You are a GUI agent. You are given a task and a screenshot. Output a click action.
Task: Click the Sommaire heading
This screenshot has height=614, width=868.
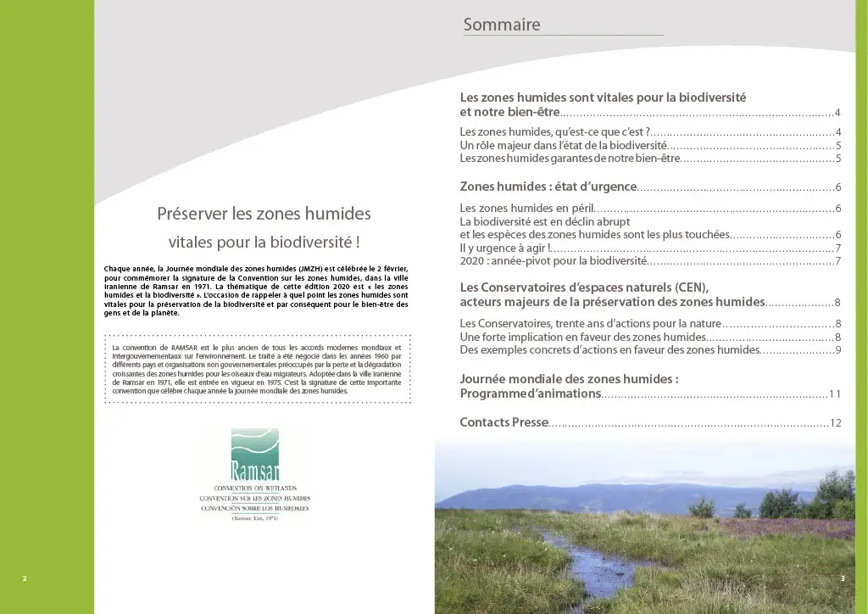[502, 25]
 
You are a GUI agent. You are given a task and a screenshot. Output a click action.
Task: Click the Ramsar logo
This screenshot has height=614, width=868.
[254, 475]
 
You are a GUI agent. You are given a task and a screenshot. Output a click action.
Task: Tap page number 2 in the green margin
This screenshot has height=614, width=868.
[25, 578]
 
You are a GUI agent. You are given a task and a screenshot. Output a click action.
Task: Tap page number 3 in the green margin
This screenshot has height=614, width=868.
[843, 578]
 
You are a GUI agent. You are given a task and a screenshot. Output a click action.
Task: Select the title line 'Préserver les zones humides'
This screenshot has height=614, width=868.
[264, 214]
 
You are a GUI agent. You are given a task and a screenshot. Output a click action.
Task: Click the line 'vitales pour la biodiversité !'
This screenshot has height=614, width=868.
[264, 242]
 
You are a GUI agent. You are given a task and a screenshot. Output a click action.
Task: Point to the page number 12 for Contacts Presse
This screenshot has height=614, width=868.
[835, 422]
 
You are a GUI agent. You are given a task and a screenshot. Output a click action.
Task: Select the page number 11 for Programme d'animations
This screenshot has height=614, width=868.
[835, 394]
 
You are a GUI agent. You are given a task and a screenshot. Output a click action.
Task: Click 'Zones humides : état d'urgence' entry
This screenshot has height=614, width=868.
[548, 187]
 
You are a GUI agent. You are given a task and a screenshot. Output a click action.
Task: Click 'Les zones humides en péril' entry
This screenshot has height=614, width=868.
[526, 208]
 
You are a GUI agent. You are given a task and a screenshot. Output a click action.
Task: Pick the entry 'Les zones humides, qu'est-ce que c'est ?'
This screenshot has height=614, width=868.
[554, 131]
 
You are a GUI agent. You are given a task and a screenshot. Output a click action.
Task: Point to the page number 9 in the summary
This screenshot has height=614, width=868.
[837, 349]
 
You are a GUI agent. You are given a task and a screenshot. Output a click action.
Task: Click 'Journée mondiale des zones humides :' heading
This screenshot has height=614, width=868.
[569, 379]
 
